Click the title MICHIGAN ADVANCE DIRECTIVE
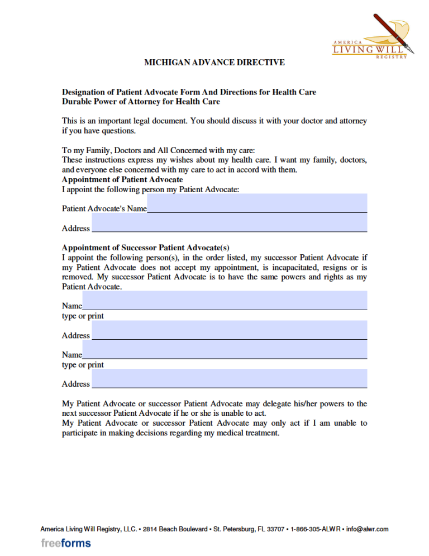pos(214,63)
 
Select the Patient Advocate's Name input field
pos(257,203)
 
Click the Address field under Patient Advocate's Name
pos(229,223)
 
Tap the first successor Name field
pos(225,301)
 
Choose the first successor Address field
pos(229,330)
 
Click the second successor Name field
pos(225,349)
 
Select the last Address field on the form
pos(229,378)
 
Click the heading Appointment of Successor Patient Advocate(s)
pos(145,248)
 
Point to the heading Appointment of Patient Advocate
pos(122,180)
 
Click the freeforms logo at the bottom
pos(66,543)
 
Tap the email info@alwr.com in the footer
pos(367,529)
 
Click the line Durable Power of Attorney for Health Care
pos(141,102)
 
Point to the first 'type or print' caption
pos(83,316)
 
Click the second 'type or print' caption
pos(83,365)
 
